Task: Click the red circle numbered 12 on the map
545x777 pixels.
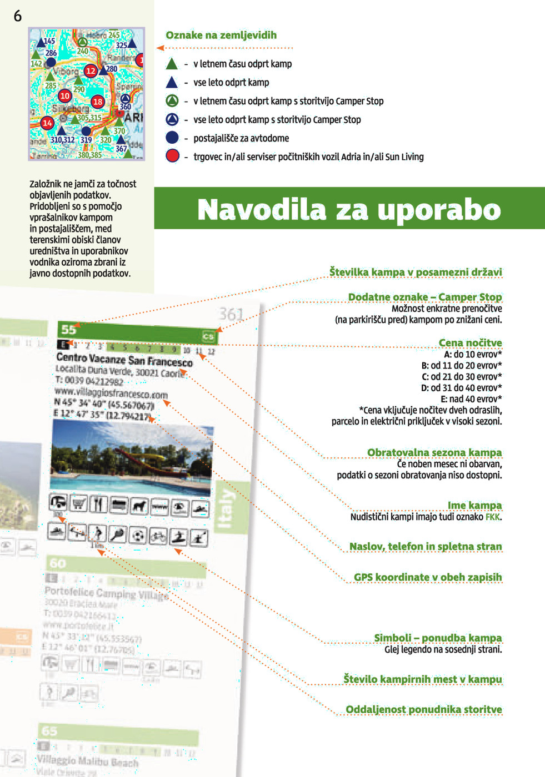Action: tap(91, 70)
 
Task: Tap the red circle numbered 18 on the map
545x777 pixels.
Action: tap(98, 101)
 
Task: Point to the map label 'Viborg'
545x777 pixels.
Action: tap(66, 72)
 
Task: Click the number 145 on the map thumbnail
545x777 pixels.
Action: tap(49, 41)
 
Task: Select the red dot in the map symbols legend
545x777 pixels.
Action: tap(172, 156)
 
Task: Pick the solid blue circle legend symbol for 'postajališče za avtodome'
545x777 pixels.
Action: tap(172, 138)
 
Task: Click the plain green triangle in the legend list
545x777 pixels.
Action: tap(172, 64)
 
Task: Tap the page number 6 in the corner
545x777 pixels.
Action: tap(18, 16)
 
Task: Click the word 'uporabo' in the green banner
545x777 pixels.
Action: tap(439, 210)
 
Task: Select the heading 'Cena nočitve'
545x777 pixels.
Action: tap(470, 342)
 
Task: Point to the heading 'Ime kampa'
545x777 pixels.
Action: tap(474, 505)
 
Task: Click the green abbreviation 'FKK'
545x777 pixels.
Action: tap(493, 517)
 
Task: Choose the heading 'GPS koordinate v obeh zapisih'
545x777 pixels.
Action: tap(428, 577)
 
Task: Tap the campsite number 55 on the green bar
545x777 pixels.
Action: tap(69, 329)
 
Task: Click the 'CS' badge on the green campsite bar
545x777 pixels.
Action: tap(208, 336)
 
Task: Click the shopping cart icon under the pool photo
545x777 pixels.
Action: tap(79, 503)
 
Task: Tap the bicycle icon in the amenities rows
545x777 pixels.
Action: tap(158, 536)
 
